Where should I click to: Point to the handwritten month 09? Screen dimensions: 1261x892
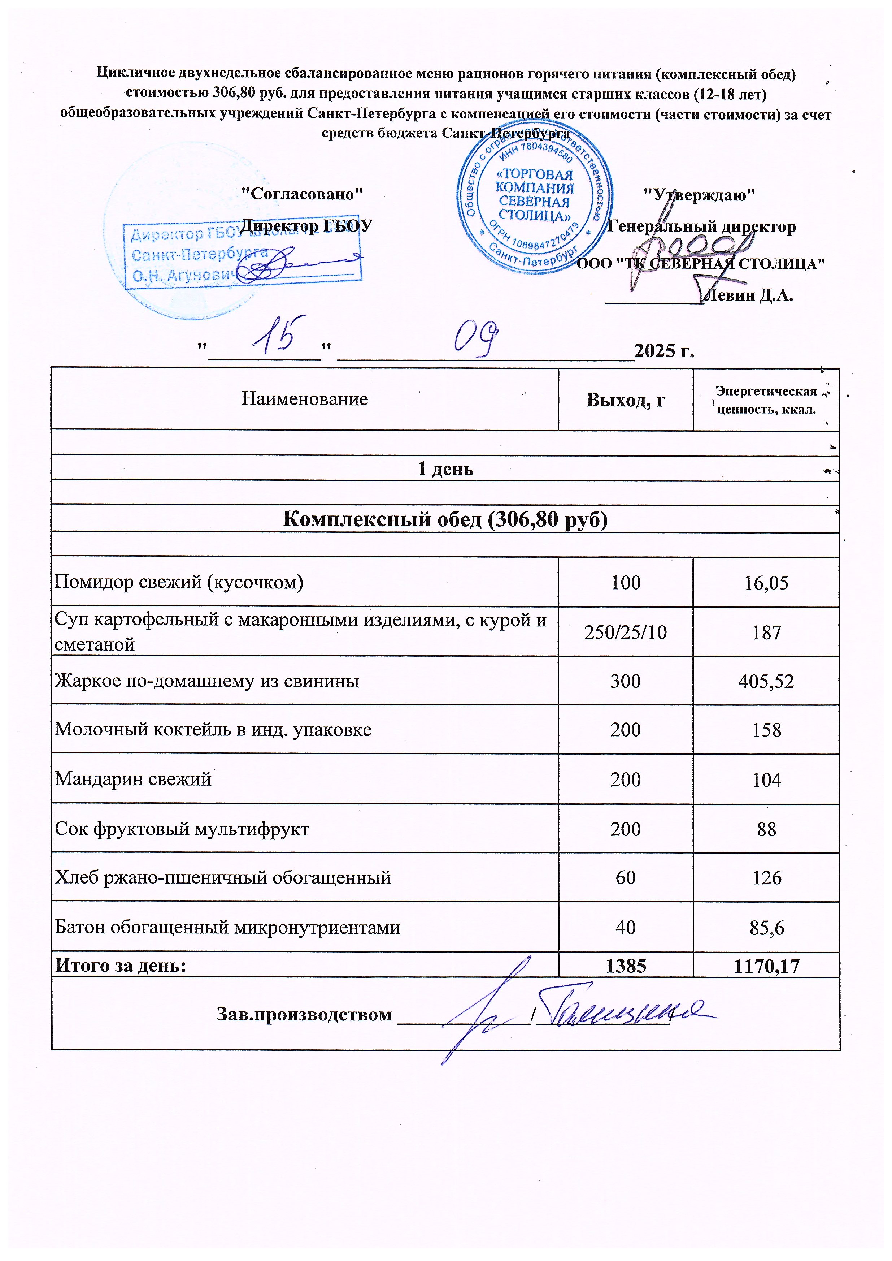[x=476, y=336]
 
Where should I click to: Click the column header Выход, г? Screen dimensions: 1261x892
[x=626, y=400]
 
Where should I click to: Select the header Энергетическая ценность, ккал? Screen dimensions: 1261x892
[x=766, y=400]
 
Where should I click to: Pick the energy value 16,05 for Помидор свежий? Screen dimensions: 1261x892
[x=766, y=582]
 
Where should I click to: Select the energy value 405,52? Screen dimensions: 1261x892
[x=766, y=681]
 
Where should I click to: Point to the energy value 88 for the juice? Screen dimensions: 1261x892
[x=766, y=829]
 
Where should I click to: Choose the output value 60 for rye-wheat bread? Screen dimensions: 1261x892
[x=626, y=877]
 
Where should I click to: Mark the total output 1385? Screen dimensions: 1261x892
[x=626, y=966]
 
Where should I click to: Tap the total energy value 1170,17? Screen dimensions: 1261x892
[x=766, y=966]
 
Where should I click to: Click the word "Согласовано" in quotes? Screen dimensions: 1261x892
[x=303, y=194]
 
